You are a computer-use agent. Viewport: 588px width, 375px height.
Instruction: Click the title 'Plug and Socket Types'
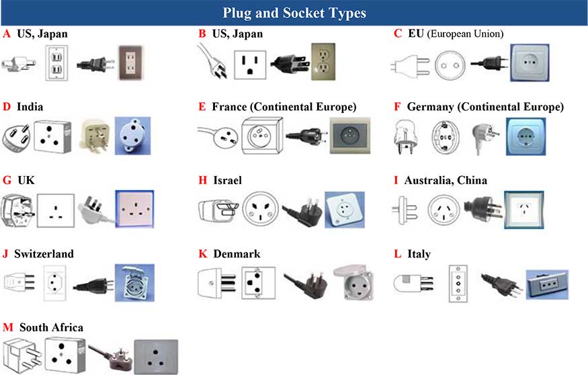[x=294, y=13]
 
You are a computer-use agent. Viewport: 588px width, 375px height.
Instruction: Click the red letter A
[x=7, y=33]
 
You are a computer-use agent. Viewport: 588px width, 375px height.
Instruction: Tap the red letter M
[x=7, y=327]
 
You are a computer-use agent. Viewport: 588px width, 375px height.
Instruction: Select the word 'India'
[x=32, y=106]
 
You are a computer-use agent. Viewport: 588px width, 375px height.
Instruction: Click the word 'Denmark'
[x=237, y=254]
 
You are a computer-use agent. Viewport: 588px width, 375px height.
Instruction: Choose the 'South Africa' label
[x=51, y=327]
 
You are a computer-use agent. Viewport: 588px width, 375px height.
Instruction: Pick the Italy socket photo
[x=547, y=284]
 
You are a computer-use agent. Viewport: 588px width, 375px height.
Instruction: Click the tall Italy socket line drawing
[x=458, y=282]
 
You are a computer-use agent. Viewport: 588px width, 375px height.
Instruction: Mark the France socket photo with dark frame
[x=349, y=136]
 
